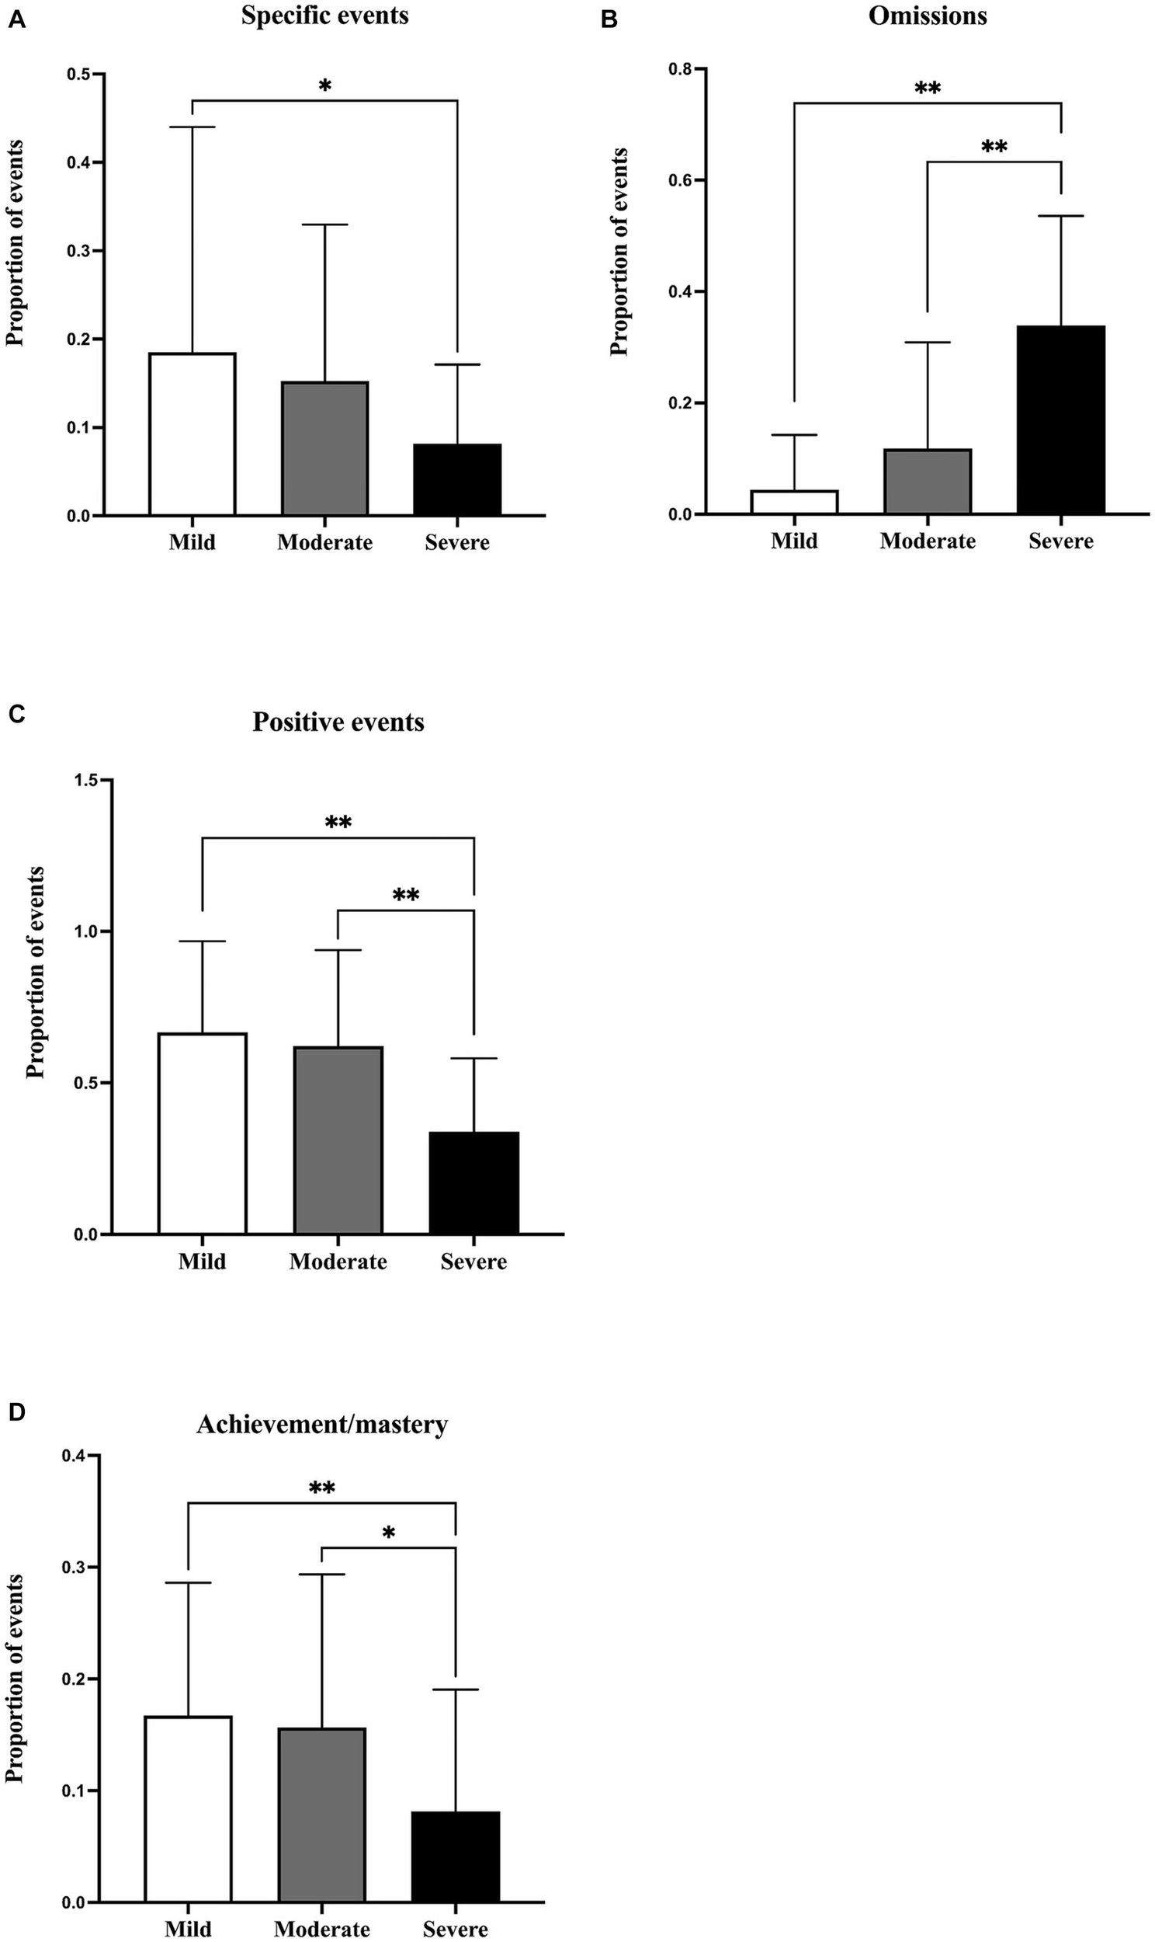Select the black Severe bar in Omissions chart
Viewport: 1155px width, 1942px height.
click(x=1061, y=420)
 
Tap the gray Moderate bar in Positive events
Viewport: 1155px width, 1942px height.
click(x=338, y=1140)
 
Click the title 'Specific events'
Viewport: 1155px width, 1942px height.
click(x=324, y=16)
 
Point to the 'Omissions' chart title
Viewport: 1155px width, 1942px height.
click(x=927, y=16)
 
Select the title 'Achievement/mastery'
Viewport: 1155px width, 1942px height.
click(x=322, y=1424)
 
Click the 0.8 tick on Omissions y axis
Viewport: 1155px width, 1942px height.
click(x=678, y=69)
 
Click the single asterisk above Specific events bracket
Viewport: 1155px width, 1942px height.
click(x=324, y=85)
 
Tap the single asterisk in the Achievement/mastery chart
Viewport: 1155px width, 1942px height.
click(x=388, y=1534)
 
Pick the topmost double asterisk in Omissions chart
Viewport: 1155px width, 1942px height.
click(x=927, y=88)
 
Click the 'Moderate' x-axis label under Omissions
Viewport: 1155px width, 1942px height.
click(x=927, y=541)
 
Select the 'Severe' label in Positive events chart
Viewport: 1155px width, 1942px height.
click(x=473, y=1262)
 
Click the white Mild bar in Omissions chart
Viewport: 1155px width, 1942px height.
click(x=794, y=503)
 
